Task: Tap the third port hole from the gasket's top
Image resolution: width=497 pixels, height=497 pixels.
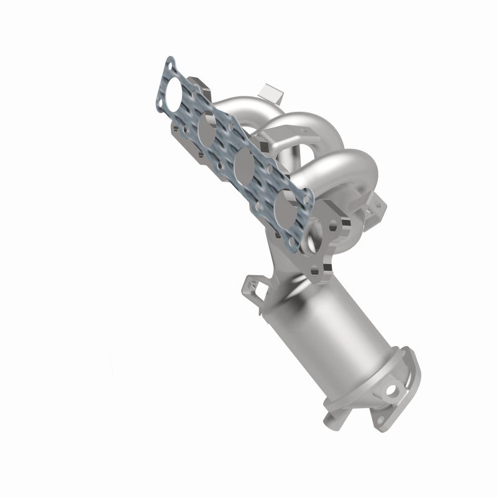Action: point(244,165)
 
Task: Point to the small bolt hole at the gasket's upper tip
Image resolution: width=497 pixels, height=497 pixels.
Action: point(170,65)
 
